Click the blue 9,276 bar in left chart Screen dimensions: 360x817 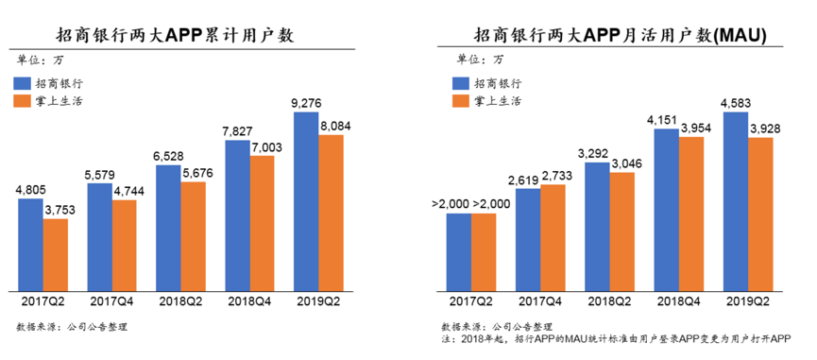(x=306, y=200)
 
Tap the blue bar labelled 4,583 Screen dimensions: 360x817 (x=735, y=200)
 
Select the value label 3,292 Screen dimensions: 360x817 (x=597, y=151)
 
